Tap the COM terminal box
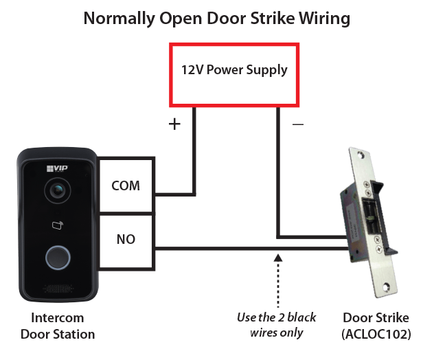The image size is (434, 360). [126, 186]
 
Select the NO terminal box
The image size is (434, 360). [126, 240]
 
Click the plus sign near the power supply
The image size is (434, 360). [174, 124]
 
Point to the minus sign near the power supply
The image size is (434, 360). [297, 124]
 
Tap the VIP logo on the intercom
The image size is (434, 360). [54, 168]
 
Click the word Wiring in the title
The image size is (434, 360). [319, 18]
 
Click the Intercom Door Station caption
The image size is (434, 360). [57, 326]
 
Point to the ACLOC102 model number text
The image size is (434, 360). [376, 335]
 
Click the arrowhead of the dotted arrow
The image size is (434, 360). [278, 258]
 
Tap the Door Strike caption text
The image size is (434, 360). [376, 318]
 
